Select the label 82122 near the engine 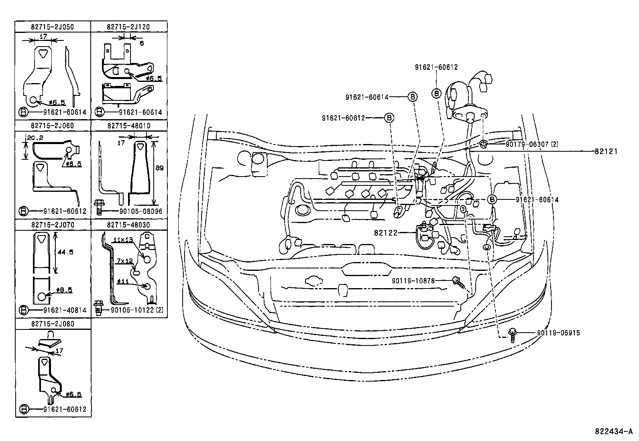(x=385, y=232)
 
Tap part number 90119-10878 (x=413, y=281)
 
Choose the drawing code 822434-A (x=613, y=432)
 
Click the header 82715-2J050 (x=53, y=27)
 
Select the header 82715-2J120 (x=128, y=27)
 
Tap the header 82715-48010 (x=128, y=126)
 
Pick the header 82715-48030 (x=128, y=225)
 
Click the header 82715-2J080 (x=53, y=323)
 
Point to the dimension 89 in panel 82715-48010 (x=159, y=169)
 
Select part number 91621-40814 (x=65, y=310)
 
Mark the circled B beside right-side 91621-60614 (x=492, y=199)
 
